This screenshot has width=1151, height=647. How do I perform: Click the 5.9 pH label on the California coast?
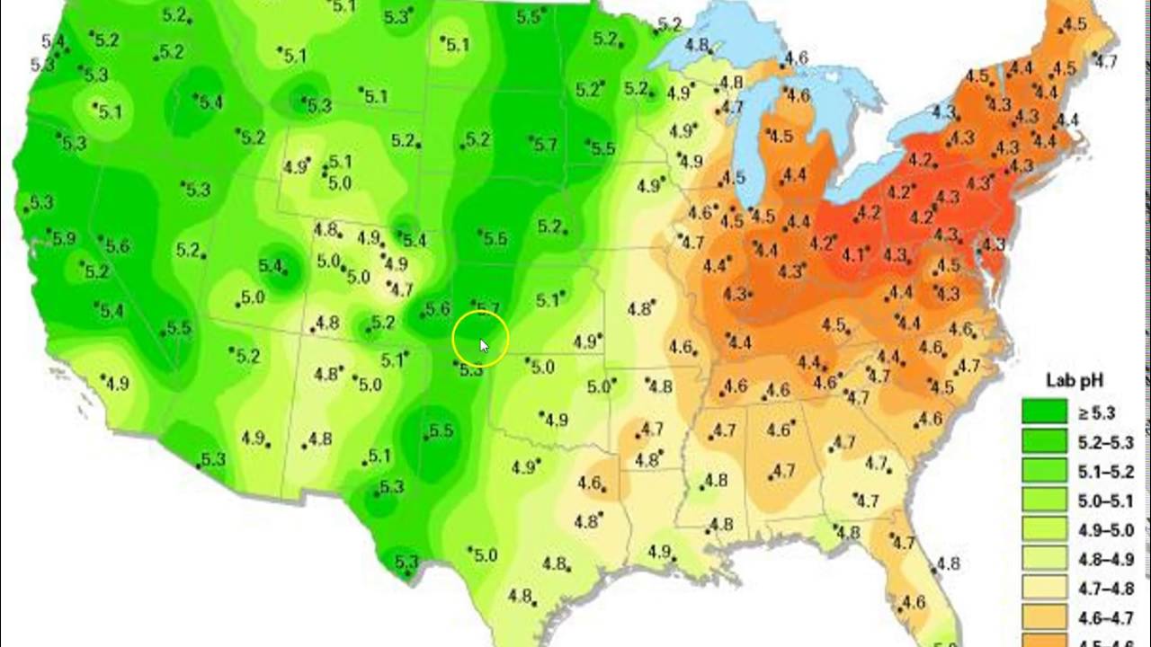tap(63, 238)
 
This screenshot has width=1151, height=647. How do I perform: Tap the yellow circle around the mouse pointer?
tap(481, 340)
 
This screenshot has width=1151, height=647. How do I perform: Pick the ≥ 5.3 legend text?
tap(1096, 413)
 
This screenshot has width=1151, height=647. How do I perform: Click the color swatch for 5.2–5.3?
tap(1044, 443)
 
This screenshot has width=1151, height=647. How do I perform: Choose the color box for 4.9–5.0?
tap(1044, 530)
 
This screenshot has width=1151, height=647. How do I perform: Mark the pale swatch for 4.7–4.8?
tap(1044, 589)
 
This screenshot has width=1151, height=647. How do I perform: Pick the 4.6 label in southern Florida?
tap(913, 602)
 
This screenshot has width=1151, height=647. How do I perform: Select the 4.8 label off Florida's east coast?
tap(948, 564)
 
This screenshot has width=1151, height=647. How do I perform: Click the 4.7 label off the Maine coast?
tap(1106, 61)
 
